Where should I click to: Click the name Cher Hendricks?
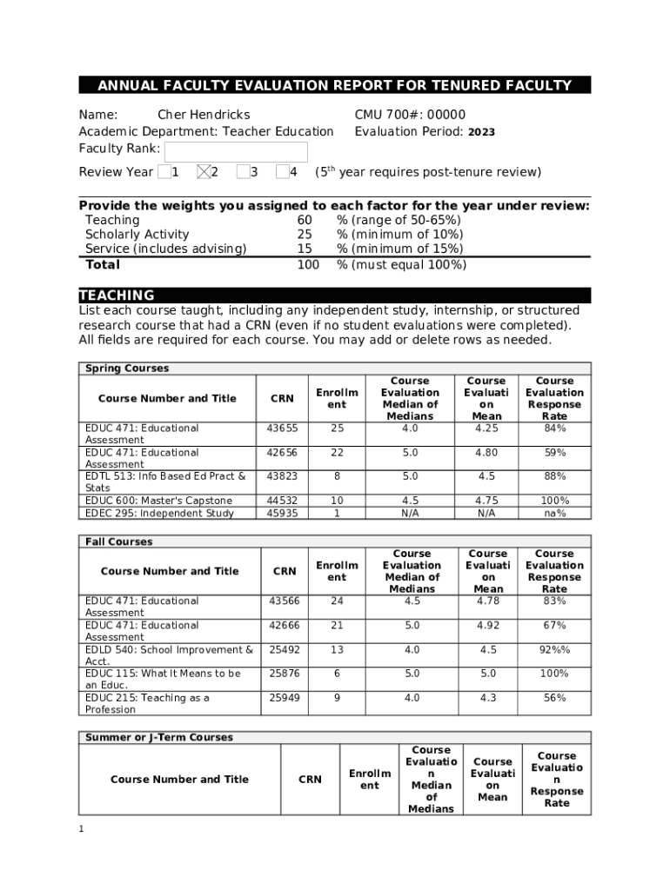[203, 115]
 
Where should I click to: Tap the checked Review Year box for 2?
[204, 172]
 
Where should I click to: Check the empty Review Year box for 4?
[282, 172]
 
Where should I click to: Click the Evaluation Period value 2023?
[481, 132]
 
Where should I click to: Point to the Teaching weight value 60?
[305, 221]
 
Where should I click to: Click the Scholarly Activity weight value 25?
[305, 235]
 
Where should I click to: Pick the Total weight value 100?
[308, 265]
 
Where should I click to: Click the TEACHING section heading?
[117, 296]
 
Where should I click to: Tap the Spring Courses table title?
[127, 369]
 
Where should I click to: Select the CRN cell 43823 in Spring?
[282, 476]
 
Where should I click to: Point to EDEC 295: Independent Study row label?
[159, 513]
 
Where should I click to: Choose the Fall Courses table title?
[118, 541]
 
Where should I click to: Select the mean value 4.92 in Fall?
[488, 625]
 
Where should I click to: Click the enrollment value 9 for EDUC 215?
[337, 698]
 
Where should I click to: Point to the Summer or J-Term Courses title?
[158, 737]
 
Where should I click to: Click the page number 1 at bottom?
[81, 829]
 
